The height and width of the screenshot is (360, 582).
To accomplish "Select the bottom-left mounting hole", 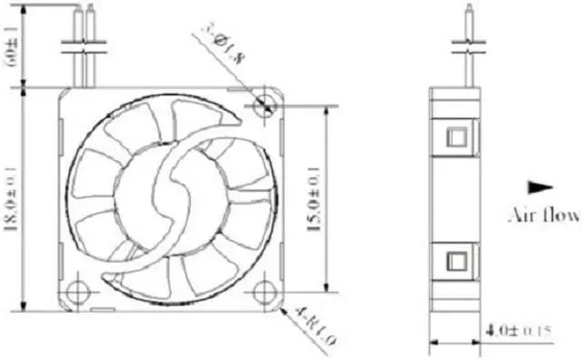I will [x=78, y=292].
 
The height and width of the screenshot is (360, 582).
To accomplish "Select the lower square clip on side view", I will [x=455, y=261].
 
